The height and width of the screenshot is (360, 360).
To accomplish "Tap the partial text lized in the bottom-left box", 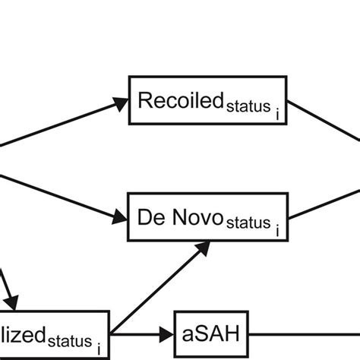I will coord(22,331).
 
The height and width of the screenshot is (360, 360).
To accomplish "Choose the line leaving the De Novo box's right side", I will coord(327,199).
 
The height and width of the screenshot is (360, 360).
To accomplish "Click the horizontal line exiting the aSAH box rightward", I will coord(304,333).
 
